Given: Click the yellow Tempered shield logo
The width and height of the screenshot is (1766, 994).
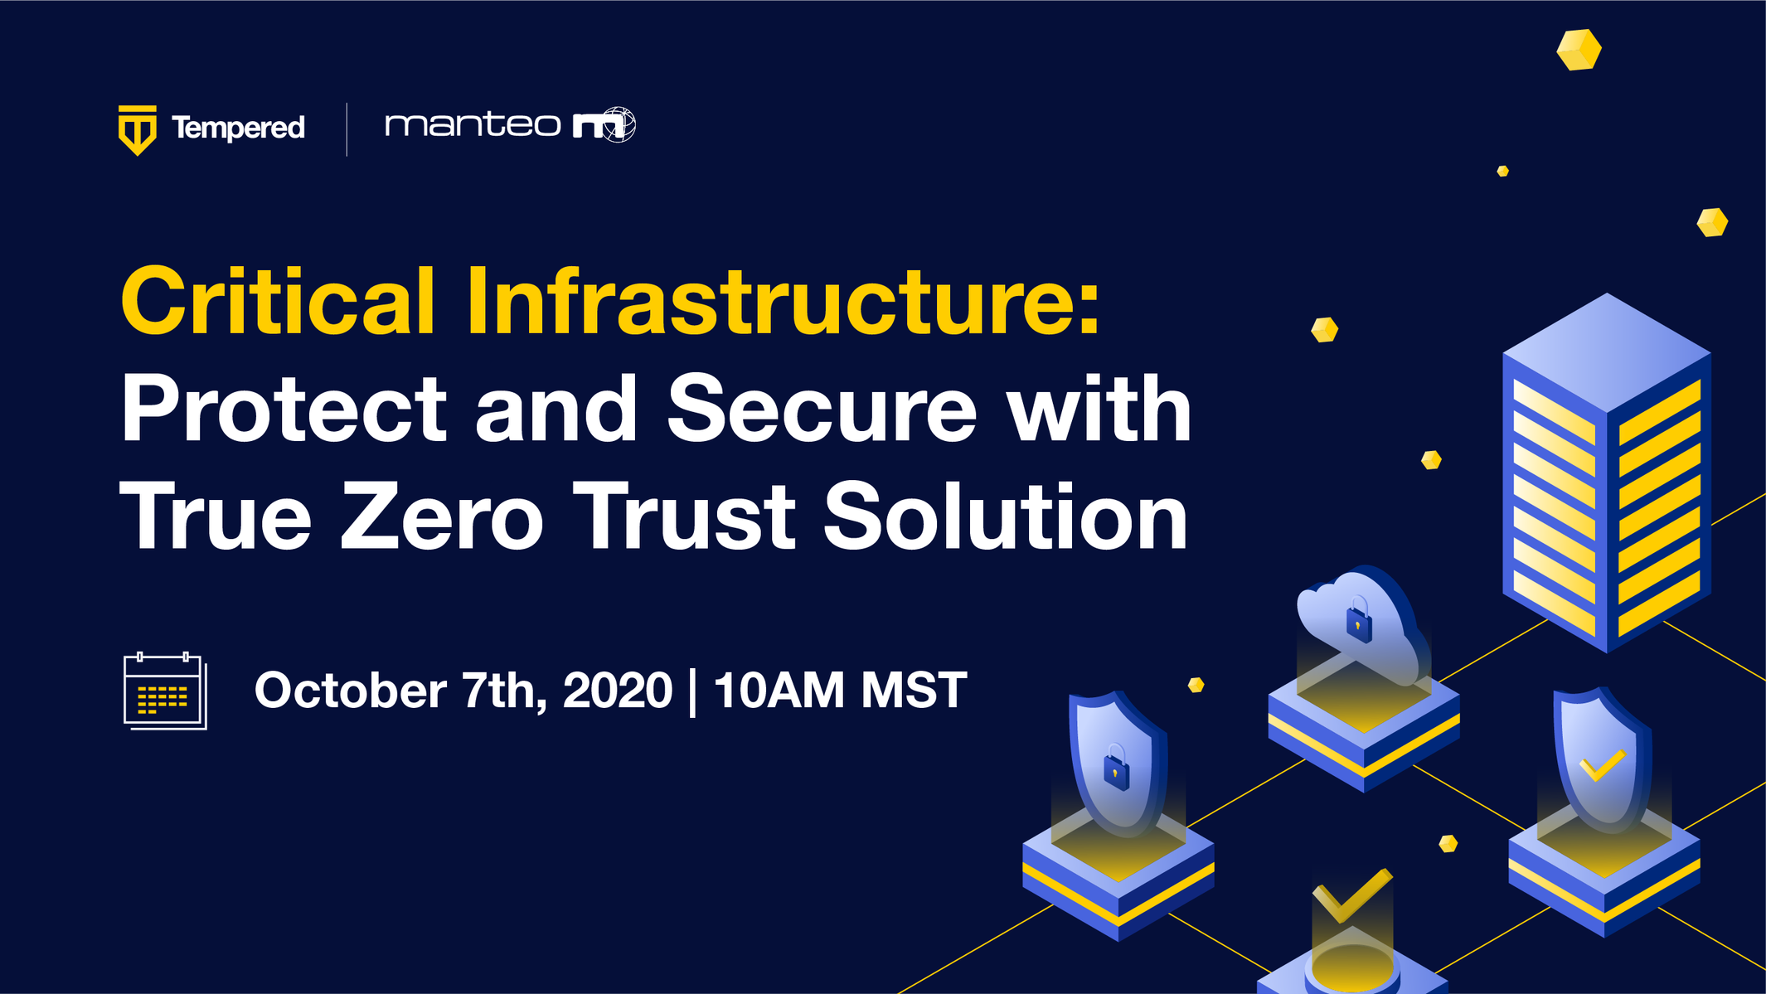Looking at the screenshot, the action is tap(138, 130).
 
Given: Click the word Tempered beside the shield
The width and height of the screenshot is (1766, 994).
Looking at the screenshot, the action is tap(238, 128).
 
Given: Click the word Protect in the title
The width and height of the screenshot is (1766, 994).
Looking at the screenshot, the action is tap(284, 408).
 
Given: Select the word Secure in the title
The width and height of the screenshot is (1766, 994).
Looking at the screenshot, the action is tap(822, 408).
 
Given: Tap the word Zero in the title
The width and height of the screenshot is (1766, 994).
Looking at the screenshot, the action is tap(442, 516).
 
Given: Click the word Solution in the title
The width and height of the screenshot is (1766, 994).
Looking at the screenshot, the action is tap(1006, 516).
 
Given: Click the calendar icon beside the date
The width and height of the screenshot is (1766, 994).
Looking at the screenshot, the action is tap(165, 691).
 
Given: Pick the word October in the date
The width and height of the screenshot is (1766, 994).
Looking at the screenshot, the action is tap(350, 690).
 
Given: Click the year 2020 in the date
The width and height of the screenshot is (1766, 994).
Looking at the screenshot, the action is tap(618, 690).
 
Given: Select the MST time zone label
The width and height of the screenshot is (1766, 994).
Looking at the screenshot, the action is tap(914, 690).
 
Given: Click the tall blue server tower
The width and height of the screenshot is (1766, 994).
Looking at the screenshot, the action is tap(1607, 473).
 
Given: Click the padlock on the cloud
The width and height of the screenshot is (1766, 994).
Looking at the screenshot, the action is tap(1358, 620).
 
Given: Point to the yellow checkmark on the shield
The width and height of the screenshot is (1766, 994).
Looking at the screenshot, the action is tap(1602, 765).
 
